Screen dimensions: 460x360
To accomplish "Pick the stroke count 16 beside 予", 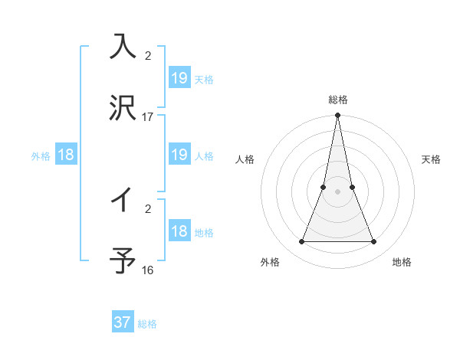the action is point(147,270).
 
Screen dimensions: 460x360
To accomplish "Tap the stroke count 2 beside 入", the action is point(147,56).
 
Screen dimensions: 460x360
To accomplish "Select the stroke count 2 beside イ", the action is point(147,208).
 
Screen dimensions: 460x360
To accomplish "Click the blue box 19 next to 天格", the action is point(179,78).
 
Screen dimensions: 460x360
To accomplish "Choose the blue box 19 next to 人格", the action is point(179,155).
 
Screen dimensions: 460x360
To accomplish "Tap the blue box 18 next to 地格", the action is point(179,231).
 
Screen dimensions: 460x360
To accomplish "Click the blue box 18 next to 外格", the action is point(66,155).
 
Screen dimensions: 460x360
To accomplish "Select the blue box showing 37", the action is point(123,322).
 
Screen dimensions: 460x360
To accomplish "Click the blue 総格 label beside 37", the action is point(147,324).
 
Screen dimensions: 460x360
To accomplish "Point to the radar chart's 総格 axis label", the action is point(338,100).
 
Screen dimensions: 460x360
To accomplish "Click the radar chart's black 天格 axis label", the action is point(432,159).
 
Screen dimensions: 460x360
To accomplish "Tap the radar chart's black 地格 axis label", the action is point(402,262).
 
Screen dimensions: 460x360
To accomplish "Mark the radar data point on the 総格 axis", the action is point(338,116).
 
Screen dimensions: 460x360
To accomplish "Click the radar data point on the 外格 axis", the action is point(301,242).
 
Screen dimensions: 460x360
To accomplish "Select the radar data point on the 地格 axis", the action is point(374,242).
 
